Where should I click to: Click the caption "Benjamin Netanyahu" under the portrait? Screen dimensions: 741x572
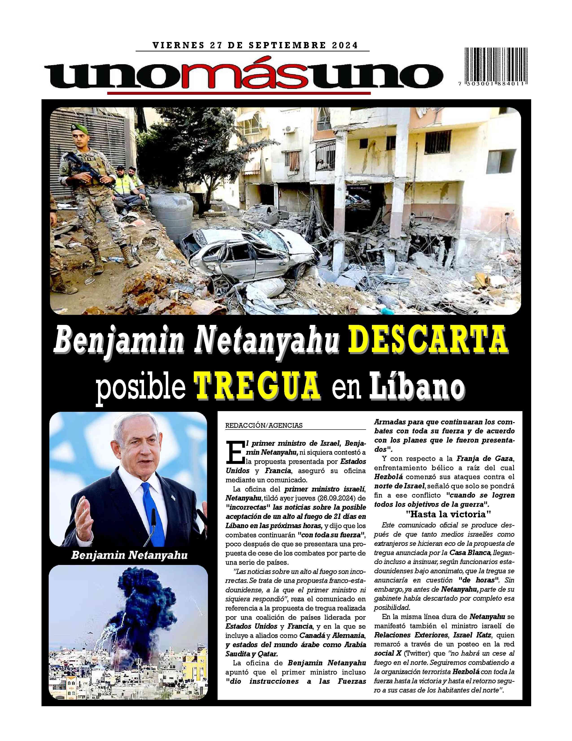click(129, 555)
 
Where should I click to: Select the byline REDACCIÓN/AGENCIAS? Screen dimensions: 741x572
click(264, 426)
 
